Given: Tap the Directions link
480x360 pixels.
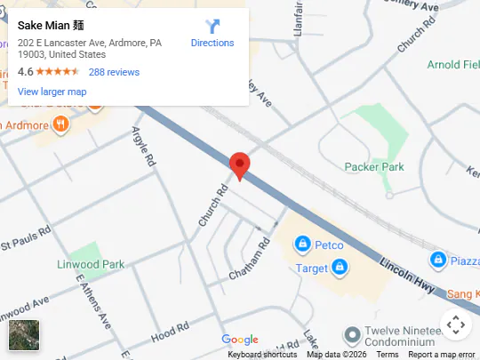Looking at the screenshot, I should pyautogui.click(x=212, y=43).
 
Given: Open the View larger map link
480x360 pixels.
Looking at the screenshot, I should pyautogui.click(x=52, y=92).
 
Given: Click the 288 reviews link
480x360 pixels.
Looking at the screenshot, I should pyautogui.click(x=114, y=72).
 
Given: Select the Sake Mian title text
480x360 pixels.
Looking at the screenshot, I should pyautogui.click(x=51, y=25).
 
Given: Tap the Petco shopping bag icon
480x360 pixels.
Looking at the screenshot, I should pyautogui.click(x=302, y=244).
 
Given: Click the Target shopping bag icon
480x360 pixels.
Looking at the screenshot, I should pyautogui.click(x=339, y=267).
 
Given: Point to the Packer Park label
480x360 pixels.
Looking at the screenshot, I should pyautogui.click(x=373, y=166).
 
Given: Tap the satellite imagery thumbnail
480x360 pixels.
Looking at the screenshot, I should pyautogui.click(x=24, y=335).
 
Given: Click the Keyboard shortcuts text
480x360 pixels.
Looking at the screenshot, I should pyautogui.click(x=262, y=355).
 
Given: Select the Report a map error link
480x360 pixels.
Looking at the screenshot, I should pyautogui.click(x=442, y=355).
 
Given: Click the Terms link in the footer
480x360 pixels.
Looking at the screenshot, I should pyautogui.click(x=388, y=355).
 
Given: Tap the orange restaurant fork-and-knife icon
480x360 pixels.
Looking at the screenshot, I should pyautogui.click(x=60, y=124).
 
